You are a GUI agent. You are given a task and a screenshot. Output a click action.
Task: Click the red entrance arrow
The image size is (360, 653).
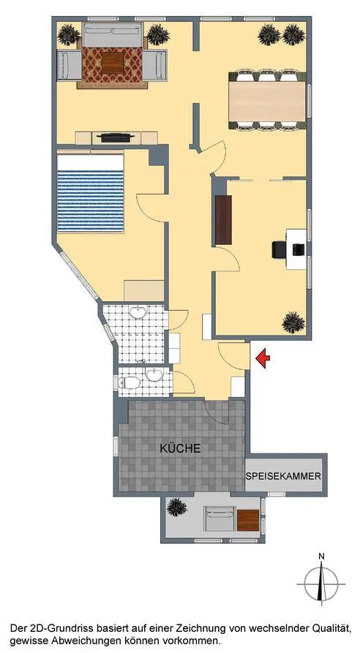[262, 358]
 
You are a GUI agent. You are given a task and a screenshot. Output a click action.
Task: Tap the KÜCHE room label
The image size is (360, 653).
[181, 448]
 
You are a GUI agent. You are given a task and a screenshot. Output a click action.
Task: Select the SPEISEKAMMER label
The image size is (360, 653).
[283, 476]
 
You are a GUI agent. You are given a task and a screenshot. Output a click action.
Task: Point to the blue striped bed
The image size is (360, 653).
[91, 193]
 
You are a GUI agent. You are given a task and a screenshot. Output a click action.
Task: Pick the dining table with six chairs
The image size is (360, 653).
[268, 101]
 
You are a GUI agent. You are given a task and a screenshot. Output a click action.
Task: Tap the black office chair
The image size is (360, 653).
[280, 249]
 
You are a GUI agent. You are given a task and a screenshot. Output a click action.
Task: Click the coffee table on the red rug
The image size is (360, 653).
[113, 63]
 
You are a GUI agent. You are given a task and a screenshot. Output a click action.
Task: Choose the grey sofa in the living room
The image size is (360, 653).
[113, 35]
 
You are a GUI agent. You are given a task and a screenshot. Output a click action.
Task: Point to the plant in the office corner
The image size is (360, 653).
[293, 322]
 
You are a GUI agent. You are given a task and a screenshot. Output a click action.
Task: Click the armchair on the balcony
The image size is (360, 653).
[220, 518]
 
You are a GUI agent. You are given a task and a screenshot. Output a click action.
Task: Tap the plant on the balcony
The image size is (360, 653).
[177, 507]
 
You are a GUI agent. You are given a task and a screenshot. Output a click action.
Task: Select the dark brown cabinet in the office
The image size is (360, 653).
[224, 220]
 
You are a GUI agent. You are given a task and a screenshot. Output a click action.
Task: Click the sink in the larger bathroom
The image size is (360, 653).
[137, 312]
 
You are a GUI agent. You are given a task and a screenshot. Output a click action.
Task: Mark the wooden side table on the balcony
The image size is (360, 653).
[248, 521]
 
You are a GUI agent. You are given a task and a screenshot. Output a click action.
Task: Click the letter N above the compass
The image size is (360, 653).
[321, 556]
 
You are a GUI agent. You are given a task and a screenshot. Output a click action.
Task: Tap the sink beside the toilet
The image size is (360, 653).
[154, 374]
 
